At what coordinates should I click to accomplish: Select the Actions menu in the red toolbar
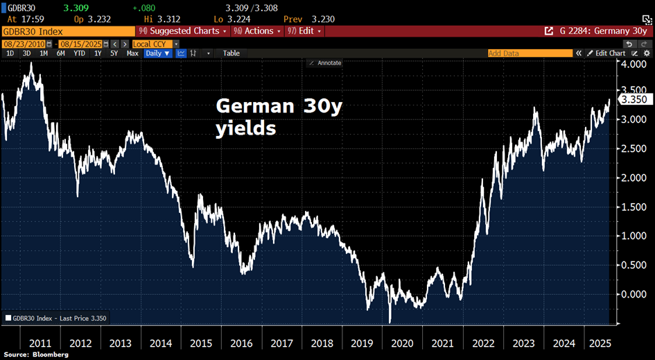(x=257, y=31)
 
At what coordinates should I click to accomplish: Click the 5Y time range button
(x=114, y=53)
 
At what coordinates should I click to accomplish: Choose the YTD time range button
(x=80, y=53)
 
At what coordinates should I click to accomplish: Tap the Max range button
(x=132, y=53)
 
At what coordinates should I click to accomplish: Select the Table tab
(x=231, y=53)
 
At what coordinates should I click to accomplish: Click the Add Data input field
(x=530, y=53)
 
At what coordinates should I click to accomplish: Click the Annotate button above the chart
(x=325, y=63)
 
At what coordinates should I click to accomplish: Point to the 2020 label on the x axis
(x=401, y=343)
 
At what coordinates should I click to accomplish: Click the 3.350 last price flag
(x=634, y=99)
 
